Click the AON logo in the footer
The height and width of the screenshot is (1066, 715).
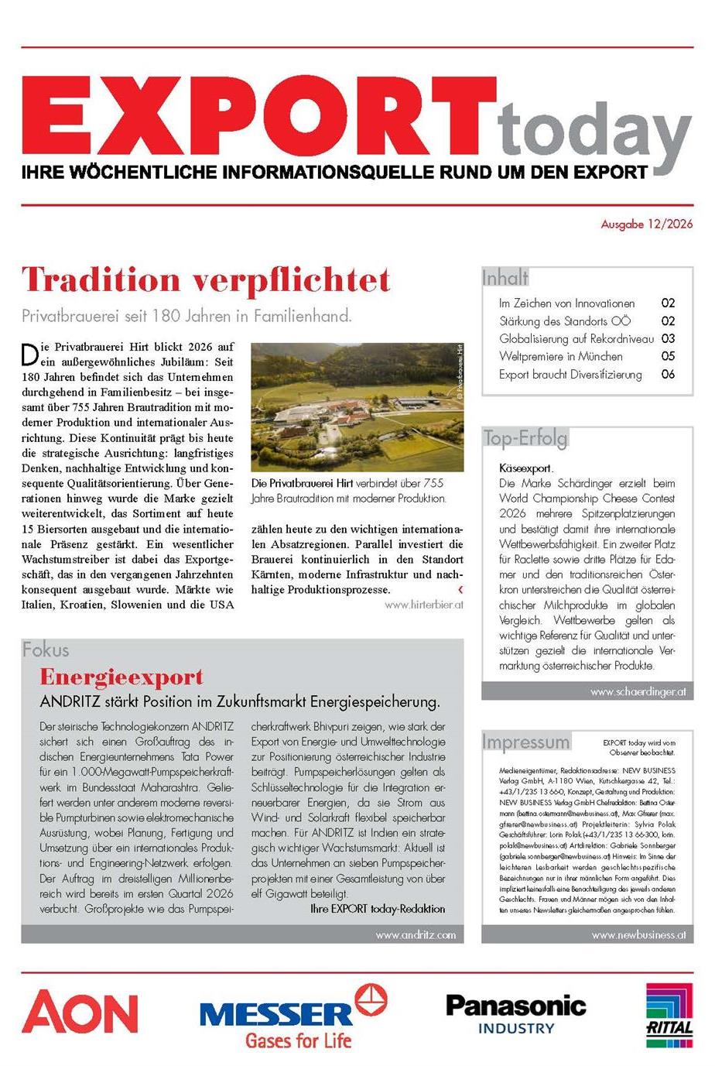[x=80, y=1013]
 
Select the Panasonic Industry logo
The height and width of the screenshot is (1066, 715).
[x=515, y=1014]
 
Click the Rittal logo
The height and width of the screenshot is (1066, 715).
[x=669, y=1014]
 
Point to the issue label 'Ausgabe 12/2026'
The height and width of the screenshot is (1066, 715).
[x=647, y=225]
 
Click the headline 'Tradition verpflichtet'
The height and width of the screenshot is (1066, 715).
[x=206, y=280]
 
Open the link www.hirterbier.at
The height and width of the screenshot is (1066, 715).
[x=423, y=605]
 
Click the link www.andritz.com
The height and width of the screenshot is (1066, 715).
[x=416, y=934]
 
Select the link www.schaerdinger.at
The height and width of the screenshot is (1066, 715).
[x=638, y=692]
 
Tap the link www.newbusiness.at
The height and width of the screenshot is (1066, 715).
[x=638, y=934]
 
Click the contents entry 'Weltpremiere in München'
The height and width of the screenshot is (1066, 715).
[x=560, y=357]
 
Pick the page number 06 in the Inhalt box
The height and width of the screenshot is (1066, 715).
[x=668, y=375]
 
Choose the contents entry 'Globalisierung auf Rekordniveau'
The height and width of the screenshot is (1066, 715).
[x=576, y=339]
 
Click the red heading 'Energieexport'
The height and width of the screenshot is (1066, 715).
[x=121, y=677]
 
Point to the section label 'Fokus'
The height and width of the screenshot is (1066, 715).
[x=46, y=650]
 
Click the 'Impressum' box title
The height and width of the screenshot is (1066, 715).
[x=525, y=742]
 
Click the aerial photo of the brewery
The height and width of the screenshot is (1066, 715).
[x=357, y=407]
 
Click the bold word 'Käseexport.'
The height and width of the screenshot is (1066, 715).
[x=526, y=468]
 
